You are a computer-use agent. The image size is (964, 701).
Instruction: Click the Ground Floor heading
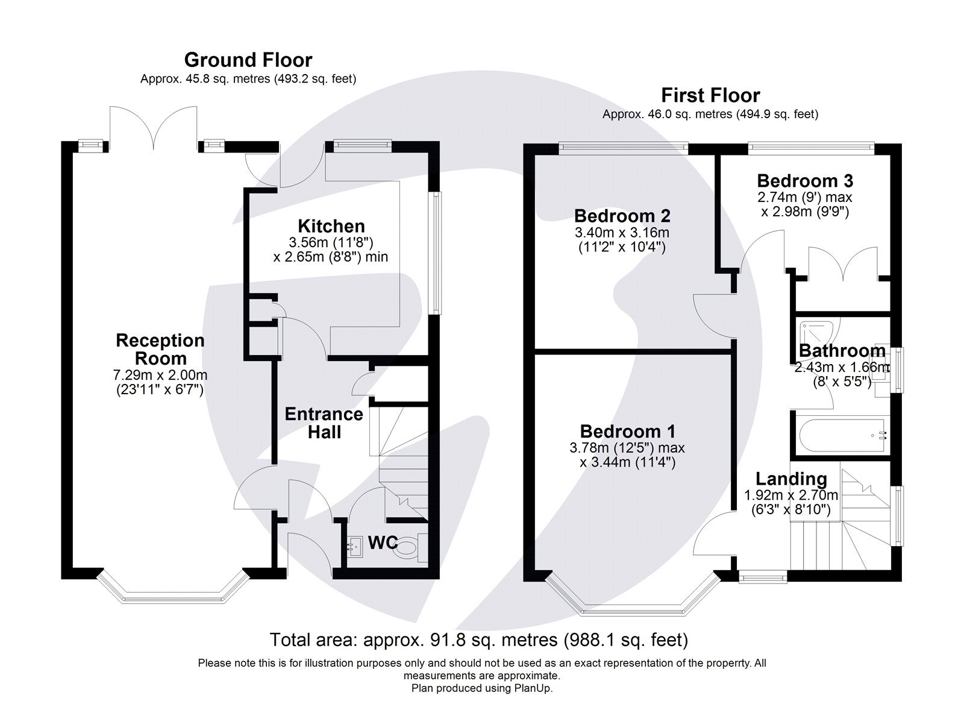[248, 60]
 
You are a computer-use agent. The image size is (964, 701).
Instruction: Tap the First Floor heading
[710, 95]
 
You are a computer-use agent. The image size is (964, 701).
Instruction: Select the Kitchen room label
[331, 226]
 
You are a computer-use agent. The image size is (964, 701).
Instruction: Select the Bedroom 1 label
[627, 432]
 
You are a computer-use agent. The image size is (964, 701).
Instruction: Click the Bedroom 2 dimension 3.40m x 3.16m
[622, 233]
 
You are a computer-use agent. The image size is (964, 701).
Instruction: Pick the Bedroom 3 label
[804, 181]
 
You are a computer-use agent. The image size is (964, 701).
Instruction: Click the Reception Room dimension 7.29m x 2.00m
[160, 375]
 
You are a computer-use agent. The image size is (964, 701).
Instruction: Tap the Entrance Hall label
[324, 423]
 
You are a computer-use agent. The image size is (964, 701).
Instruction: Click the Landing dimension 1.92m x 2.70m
[790, 495]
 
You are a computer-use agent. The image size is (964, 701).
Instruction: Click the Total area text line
[478, 640]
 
